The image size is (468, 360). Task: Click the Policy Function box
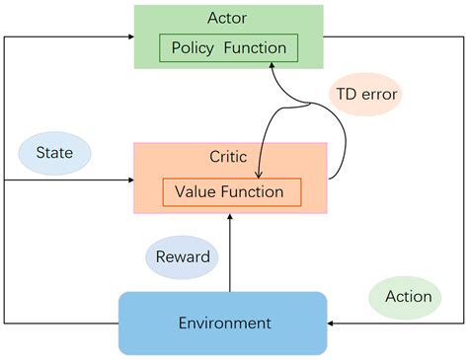pos(228,47)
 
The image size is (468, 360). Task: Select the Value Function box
pos(229,192)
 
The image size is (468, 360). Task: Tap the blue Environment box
pos(222,323)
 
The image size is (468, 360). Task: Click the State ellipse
pos(54,153)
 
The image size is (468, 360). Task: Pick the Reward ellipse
pos(183,257)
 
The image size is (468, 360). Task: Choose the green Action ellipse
pos(408,297)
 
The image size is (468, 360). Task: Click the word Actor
pos(228,17)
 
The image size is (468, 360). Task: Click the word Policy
pos(196,47)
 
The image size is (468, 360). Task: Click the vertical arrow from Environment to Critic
pos(230,256)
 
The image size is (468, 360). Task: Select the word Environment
pos(224,323)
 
